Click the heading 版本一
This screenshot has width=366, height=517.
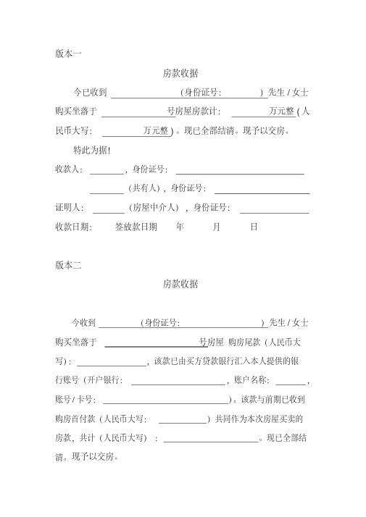tap(68, 53)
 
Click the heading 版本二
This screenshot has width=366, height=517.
tap(68, 264)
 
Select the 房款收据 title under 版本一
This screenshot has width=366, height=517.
tap(181, 73)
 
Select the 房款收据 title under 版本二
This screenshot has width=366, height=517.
tap(181, 284)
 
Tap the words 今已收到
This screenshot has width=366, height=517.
tap(91, 93)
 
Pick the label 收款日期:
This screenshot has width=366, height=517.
tap(73, 227)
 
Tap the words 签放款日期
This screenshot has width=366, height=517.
tap(136, 227)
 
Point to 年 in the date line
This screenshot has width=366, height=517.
tap(180, 227)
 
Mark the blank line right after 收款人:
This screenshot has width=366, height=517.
tap(107, 173)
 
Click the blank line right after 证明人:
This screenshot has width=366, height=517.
tap(109, 211)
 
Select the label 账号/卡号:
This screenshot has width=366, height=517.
tap(75, 399)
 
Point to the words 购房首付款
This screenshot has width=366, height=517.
tap(75, 419)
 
